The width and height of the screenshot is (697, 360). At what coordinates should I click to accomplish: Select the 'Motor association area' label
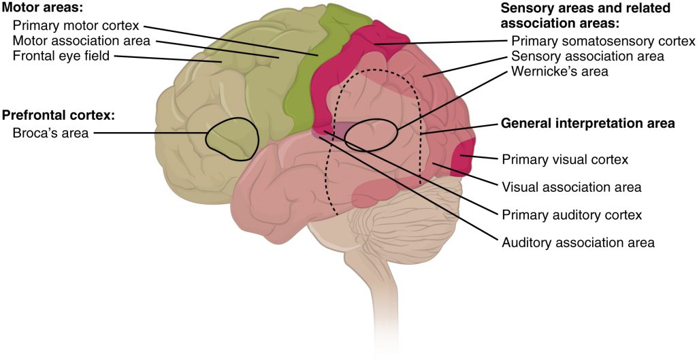81,42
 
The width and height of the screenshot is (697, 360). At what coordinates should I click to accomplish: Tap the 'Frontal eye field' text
61,56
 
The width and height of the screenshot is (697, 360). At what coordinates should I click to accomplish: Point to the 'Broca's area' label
50,133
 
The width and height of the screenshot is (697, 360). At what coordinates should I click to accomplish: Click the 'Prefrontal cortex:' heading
59,114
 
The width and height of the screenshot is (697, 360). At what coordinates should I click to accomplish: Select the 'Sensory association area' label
587,56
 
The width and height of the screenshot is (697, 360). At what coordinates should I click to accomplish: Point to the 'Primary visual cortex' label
564,159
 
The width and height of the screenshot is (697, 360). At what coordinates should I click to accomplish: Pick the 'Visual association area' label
571,186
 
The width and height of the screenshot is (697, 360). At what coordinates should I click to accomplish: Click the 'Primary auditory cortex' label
572,215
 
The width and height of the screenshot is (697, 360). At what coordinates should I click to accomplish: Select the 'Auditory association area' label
578,242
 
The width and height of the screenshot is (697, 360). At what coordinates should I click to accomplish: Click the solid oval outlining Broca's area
232,139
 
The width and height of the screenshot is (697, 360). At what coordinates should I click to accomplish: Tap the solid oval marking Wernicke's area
371,135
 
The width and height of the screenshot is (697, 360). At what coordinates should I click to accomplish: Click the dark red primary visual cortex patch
464,158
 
